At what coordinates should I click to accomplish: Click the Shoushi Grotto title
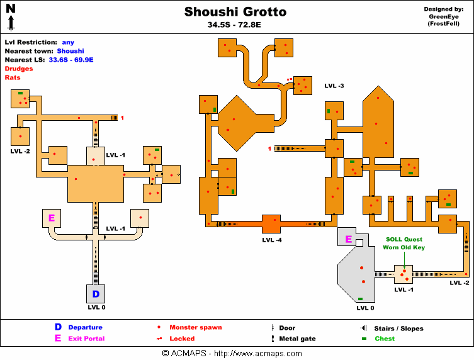(x=235, y=12)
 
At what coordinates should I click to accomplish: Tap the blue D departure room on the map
(x=96, y=294)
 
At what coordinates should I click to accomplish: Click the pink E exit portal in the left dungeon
(x=51, y=218)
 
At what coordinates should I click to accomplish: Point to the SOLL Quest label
(x=403, y=239)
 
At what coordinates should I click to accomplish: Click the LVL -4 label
(x=272, y=240)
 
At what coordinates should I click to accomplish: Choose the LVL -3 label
(x=334, y=86)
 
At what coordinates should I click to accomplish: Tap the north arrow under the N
(x=11, y=24)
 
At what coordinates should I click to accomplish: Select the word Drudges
(x=19, y=68)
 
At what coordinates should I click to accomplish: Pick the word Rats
(x=12, y=77)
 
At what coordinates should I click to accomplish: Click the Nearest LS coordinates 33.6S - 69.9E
(x=74, y=60)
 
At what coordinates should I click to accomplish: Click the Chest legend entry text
(x=385, y=339)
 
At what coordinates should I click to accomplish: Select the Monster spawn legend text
(x=195, y=327)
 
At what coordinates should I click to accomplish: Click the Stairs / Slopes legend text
(x=399, y=329)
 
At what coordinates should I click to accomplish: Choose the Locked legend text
(x=182, y=339)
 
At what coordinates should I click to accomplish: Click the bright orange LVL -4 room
(x=271, y=224)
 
